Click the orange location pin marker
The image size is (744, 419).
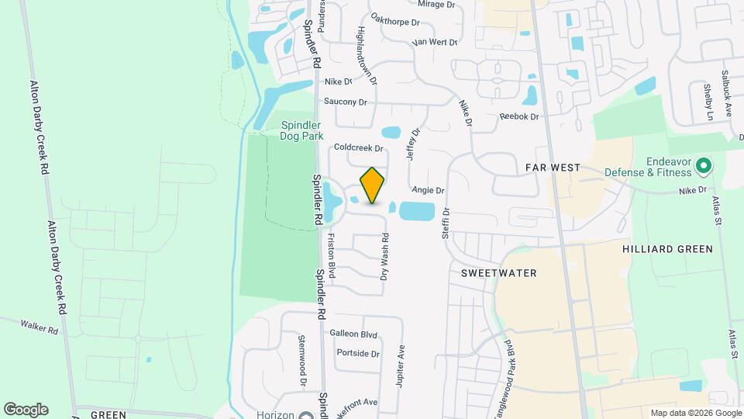[x=372, y=185]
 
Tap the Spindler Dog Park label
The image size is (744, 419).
[x=301, y=130]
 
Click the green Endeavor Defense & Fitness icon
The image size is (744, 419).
[x=704, y=165]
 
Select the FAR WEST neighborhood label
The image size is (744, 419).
[x=553, y=167]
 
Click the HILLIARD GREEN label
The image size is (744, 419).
[x=666, y=249]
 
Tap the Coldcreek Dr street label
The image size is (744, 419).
[x=359, y=147]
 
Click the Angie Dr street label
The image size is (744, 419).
[x=428, y=189]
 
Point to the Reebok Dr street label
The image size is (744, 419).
[x=518, y=116]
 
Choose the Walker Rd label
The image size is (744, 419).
[x=40, y=328]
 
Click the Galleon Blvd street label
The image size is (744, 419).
[x=353, y=334]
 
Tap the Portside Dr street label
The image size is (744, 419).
[x=358, y=353]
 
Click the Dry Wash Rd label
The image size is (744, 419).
[x=384, y=257]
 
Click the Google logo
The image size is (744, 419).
[x=26, y=410]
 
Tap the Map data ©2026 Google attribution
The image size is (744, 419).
[x=695, y=413]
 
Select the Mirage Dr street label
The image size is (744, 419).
[x=436, y=5]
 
